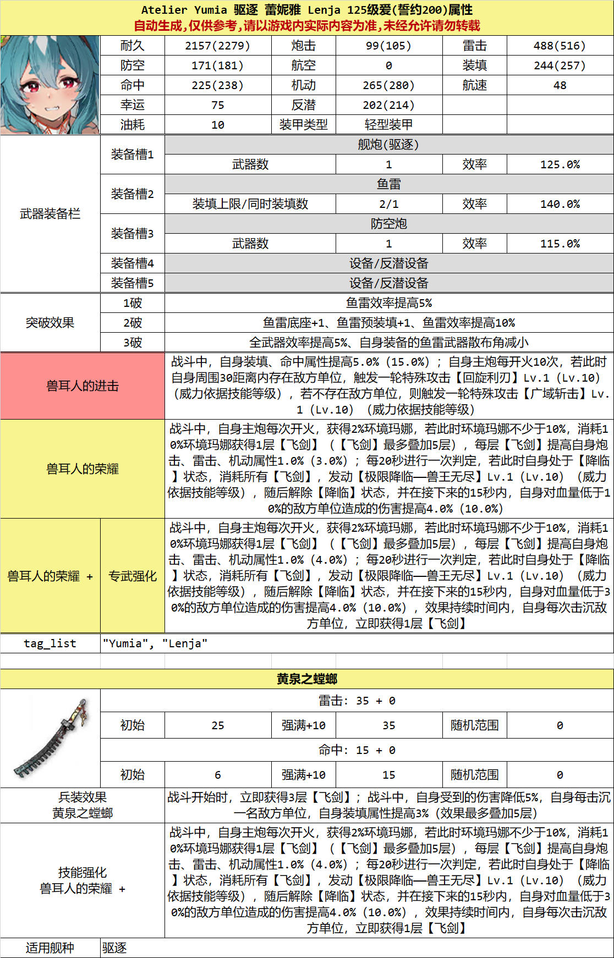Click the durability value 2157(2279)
(217, 46)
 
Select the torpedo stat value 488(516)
(560, 46)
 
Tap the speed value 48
(560, 85)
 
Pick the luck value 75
(217, 105)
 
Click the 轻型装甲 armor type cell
(388, 125)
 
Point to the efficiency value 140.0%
(560, 204)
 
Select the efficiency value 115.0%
(560, 244)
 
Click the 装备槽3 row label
(132, 234)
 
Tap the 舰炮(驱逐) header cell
(388, 145)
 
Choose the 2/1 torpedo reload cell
(388, 204)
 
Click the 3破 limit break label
(132, 343)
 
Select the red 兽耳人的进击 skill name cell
(83, 386)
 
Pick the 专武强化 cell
(132, 576)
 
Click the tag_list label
(50, 643)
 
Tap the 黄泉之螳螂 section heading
(307, 679)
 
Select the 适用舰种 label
(50, 948)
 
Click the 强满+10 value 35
(388, 725)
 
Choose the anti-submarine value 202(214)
(388, 105)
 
